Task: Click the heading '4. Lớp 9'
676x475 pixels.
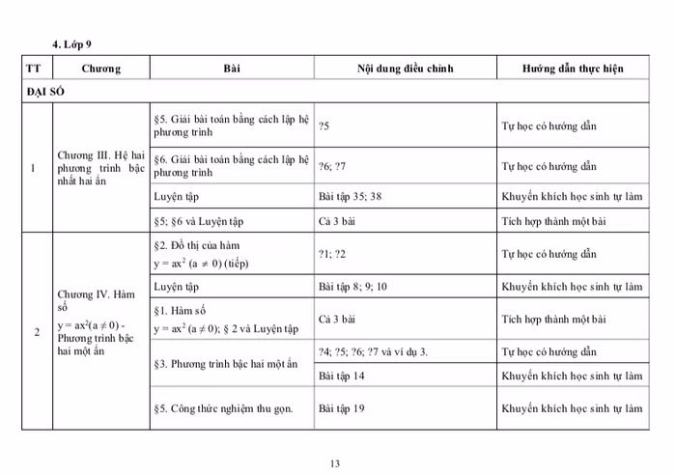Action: pyautogui.click(x=74, y=44)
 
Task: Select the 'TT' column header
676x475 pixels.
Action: pyautogui.click(x=34, y=70)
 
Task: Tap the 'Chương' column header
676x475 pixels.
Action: pyautogui.click(x=100, y=70)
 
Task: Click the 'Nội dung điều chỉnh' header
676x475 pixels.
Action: pyautogui.click(x=405, y=70)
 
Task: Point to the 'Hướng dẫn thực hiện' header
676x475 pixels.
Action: pyautogui.click(x=573, y=70)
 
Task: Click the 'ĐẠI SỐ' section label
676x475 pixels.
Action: pyautogui.click(x=45, y=93)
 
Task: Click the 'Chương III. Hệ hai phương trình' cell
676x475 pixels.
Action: pyautogui.click(x=100, y=167)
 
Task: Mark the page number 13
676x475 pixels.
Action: pyautogui.click(x=335, y=464)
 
